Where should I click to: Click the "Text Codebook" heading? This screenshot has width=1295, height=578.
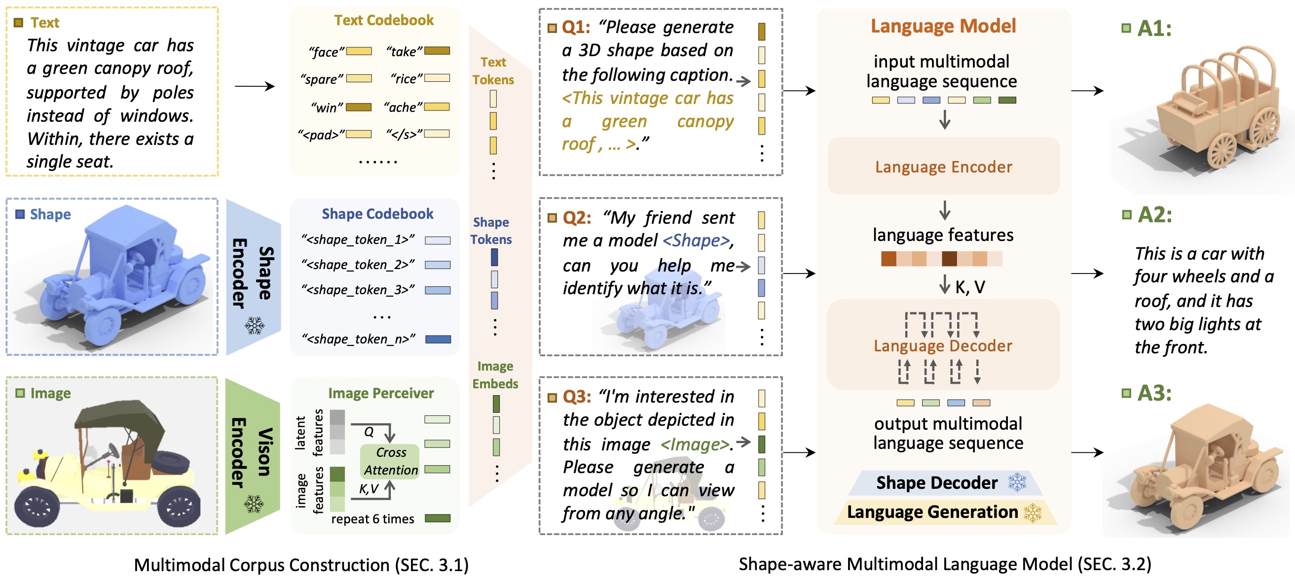click(x=384, y=20)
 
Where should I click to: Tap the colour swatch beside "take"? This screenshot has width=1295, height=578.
click(x=437, y=51)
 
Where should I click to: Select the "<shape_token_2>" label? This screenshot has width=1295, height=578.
click(x=358, y=265)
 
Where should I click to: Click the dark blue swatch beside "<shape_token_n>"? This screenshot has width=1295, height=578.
click(x=438, y=340)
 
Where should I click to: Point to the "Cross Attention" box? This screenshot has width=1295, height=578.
click(x=390, y=461)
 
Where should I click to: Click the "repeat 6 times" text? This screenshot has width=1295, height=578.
click(x=372, y=519)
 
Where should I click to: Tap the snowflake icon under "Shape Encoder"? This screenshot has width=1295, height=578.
click(x=255, y=326)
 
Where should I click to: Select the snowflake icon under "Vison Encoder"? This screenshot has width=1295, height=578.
click(x=254, y=504)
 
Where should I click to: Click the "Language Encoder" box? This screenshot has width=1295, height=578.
click(x=943, y=167)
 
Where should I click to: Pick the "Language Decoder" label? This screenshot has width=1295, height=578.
click(x=943, y=346)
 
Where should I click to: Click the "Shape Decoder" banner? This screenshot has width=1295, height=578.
click(x=936, y=482)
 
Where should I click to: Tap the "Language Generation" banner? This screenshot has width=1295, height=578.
click(x=932, y=512)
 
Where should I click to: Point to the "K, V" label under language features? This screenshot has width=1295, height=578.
click(x=970, y=287)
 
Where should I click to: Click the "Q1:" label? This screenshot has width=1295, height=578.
click(x=576, y=27)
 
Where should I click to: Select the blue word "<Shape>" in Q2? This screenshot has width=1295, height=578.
click(x=696, y=240)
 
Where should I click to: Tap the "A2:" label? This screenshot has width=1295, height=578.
click(x=1155, y=215)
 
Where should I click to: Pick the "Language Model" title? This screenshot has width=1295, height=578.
click(x=943, y=26)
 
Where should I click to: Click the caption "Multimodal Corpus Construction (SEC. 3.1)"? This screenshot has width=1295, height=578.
click(x=301, y=565)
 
